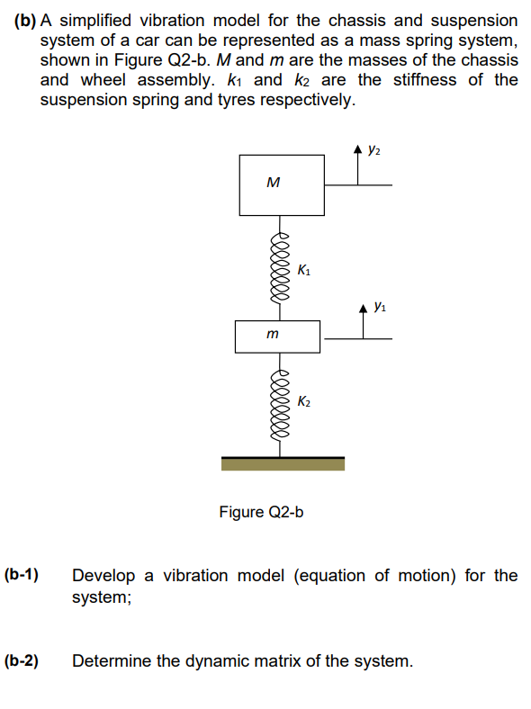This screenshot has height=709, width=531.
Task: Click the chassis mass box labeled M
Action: point(281,184)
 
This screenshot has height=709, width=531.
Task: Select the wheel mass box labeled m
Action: point(276,336)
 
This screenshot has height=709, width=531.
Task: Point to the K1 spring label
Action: point(304,269)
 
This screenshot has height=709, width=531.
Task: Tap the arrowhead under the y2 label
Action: point(357,151)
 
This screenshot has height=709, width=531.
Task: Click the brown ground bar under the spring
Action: point(283,463)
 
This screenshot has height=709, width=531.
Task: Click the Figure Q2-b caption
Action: point(261,512)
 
